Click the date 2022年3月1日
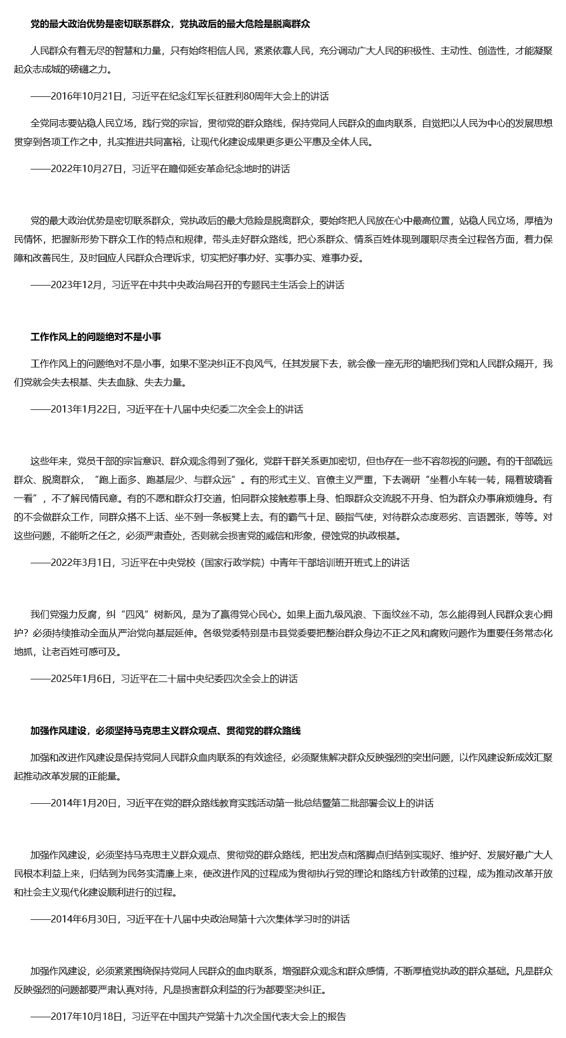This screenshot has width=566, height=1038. pos(81,563)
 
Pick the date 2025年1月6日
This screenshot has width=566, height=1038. pos(81,679)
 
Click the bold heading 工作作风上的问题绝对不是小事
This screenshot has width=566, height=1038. pos(96,337)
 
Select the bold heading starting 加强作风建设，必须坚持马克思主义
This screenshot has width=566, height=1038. pos(165,731)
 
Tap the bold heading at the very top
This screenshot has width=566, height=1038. pos(170,24)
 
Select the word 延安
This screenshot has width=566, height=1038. pos(200,169)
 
